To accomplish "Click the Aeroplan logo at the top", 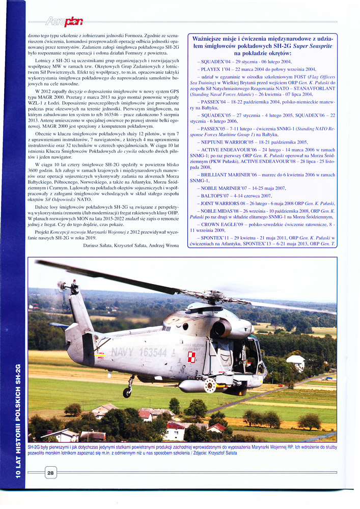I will [65, 21].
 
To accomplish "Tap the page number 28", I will [50, 473].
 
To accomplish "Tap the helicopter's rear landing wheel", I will [127, 392].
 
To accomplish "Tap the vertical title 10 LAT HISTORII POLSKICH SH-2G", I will [18, 422].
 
